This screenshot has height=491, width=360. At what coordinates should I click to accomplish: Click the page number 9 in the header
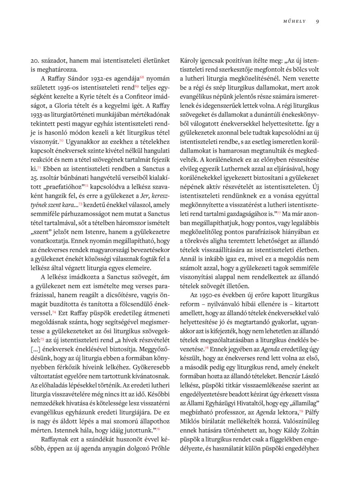point(317,22)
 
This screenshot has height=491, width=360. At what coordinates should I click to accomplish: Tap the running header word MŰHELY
point(295,22)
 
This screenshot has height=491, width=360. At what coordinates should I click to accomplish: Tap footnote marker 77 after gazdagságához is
point(279,214)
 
